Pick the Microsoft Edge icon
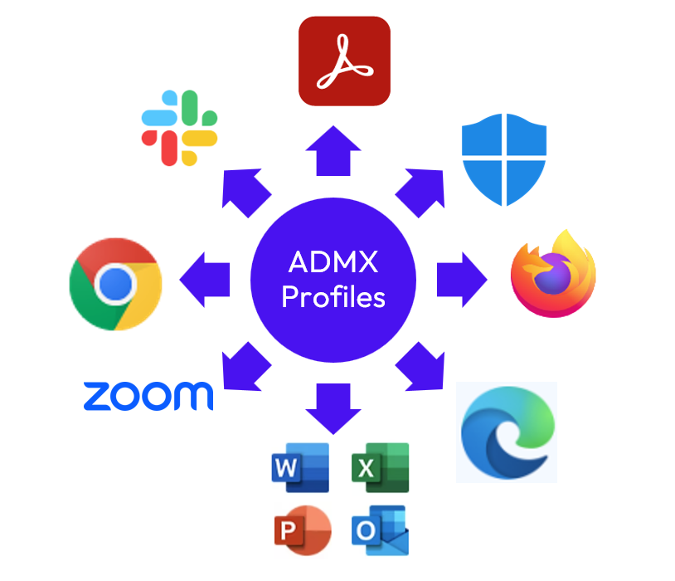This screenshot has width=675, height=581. [x=505, y=432]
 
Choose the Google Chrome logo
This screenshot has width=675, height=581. [x=115, y=284]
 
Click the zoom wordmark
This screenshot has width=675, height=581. [x=148, y=395]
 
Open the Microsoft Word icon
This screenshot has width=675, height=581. [x=300, y=468]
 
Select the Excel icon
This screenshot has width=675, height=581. [x=381, y=468]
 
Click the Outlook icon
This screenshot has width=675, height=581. [x=380, y=530]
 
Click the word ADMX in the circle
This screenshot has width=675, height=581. [x=333, y=263]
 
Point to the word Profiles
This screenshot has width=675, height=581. [x=333, y=295]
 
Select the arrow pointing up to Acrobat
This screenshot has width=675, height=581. [x=333, y=151]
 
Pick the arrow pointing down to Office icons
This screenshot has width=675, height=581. [x=333, y=408]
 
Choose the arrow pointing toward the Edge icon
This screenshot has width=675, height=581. [x=421, y=365]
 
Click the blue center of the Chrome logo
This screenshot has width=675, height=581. [x=115, y=285]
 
